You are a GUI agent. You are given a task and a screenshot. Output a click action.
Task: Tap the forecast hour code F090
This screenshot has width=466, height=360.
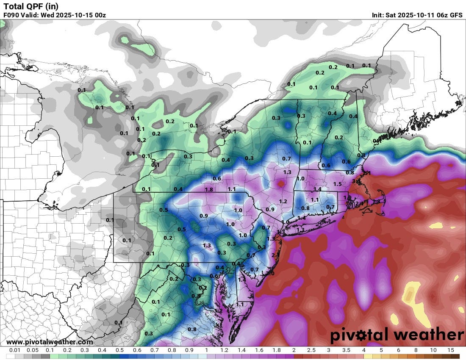11,15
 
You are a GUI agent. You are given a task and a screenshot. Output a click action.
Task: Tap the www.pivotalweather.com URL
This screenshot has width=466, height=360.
50,342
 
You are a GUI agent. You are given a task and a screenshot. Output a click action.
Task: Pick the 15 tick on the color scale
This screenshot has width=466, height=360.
450,350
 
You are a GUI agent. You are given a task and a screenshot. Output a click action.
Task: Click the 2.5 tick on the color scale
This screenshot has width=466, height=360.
311,350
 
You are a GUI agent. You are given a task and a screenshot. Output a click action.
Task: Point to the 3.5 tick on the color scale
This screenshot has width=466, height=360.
346,350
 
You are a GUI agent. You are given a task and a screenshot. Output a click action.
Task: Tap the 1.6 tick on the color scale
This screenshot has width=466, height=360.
258,350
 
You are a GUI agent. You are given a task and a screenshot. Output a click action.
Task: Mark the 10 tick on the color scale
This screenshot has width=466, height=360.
433,350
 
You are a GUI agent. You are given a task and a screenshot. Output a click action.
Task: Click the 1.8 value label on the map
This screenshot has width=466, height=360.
208,190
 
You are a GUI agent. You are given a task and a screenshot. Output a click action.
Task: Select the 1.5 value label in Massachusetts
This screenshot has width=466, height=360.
337,184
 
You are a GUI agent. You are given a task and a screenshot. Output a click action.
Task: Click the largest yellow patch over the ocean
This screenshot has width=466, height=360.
410,294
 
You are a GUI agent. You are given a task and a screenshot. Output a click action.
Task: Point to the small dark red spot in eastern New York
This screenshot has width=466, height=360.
281,183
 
